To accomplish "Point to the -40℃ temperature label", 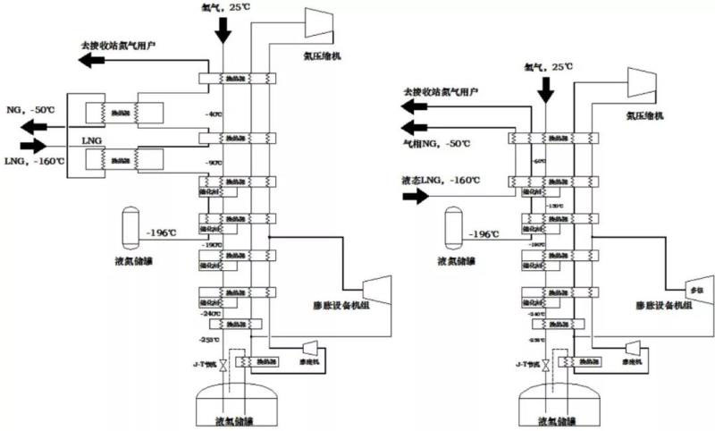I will click(x=213, y=114).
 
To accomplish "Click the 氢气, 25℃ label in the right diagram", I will click(x=548, y=66).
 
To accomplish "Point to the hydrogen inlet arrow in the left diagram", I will click(x=222, y=31).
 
